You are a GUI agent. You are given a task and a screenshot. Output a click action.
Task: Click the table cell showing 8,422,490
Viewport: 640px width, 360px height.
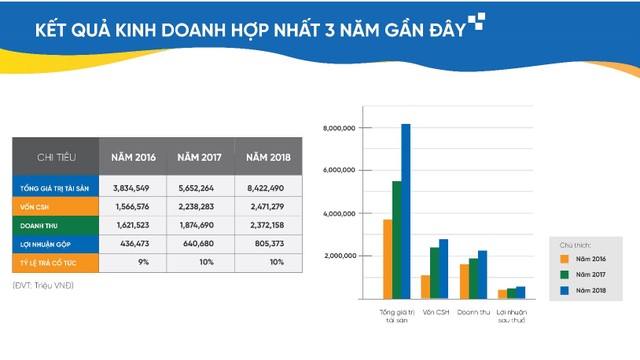point(264,187)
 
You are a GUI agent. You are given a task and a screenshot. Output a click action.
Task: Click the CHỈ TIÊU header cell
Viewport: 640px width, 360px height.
point(56,157)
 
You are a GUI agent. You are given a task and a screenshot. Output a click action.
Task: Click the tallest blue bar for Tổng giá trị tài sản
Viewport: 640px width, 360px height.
point(405,211)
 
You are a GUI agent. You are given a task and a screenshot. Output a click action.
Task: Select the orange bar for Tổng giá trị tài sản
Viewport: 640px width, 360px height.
point(387,259)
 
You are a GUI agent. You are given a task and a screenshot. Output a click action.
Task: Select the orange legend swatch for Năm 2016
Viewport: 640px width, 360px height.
point(564,259)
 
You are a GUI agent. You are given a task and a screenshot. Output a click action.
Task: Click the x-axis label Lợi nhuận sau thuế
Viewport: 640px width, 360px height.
point(511,317)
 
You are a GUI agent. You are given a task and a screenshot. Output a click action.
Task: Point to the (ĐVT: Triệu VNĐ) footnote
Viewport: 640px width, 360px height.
point(45,286)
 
